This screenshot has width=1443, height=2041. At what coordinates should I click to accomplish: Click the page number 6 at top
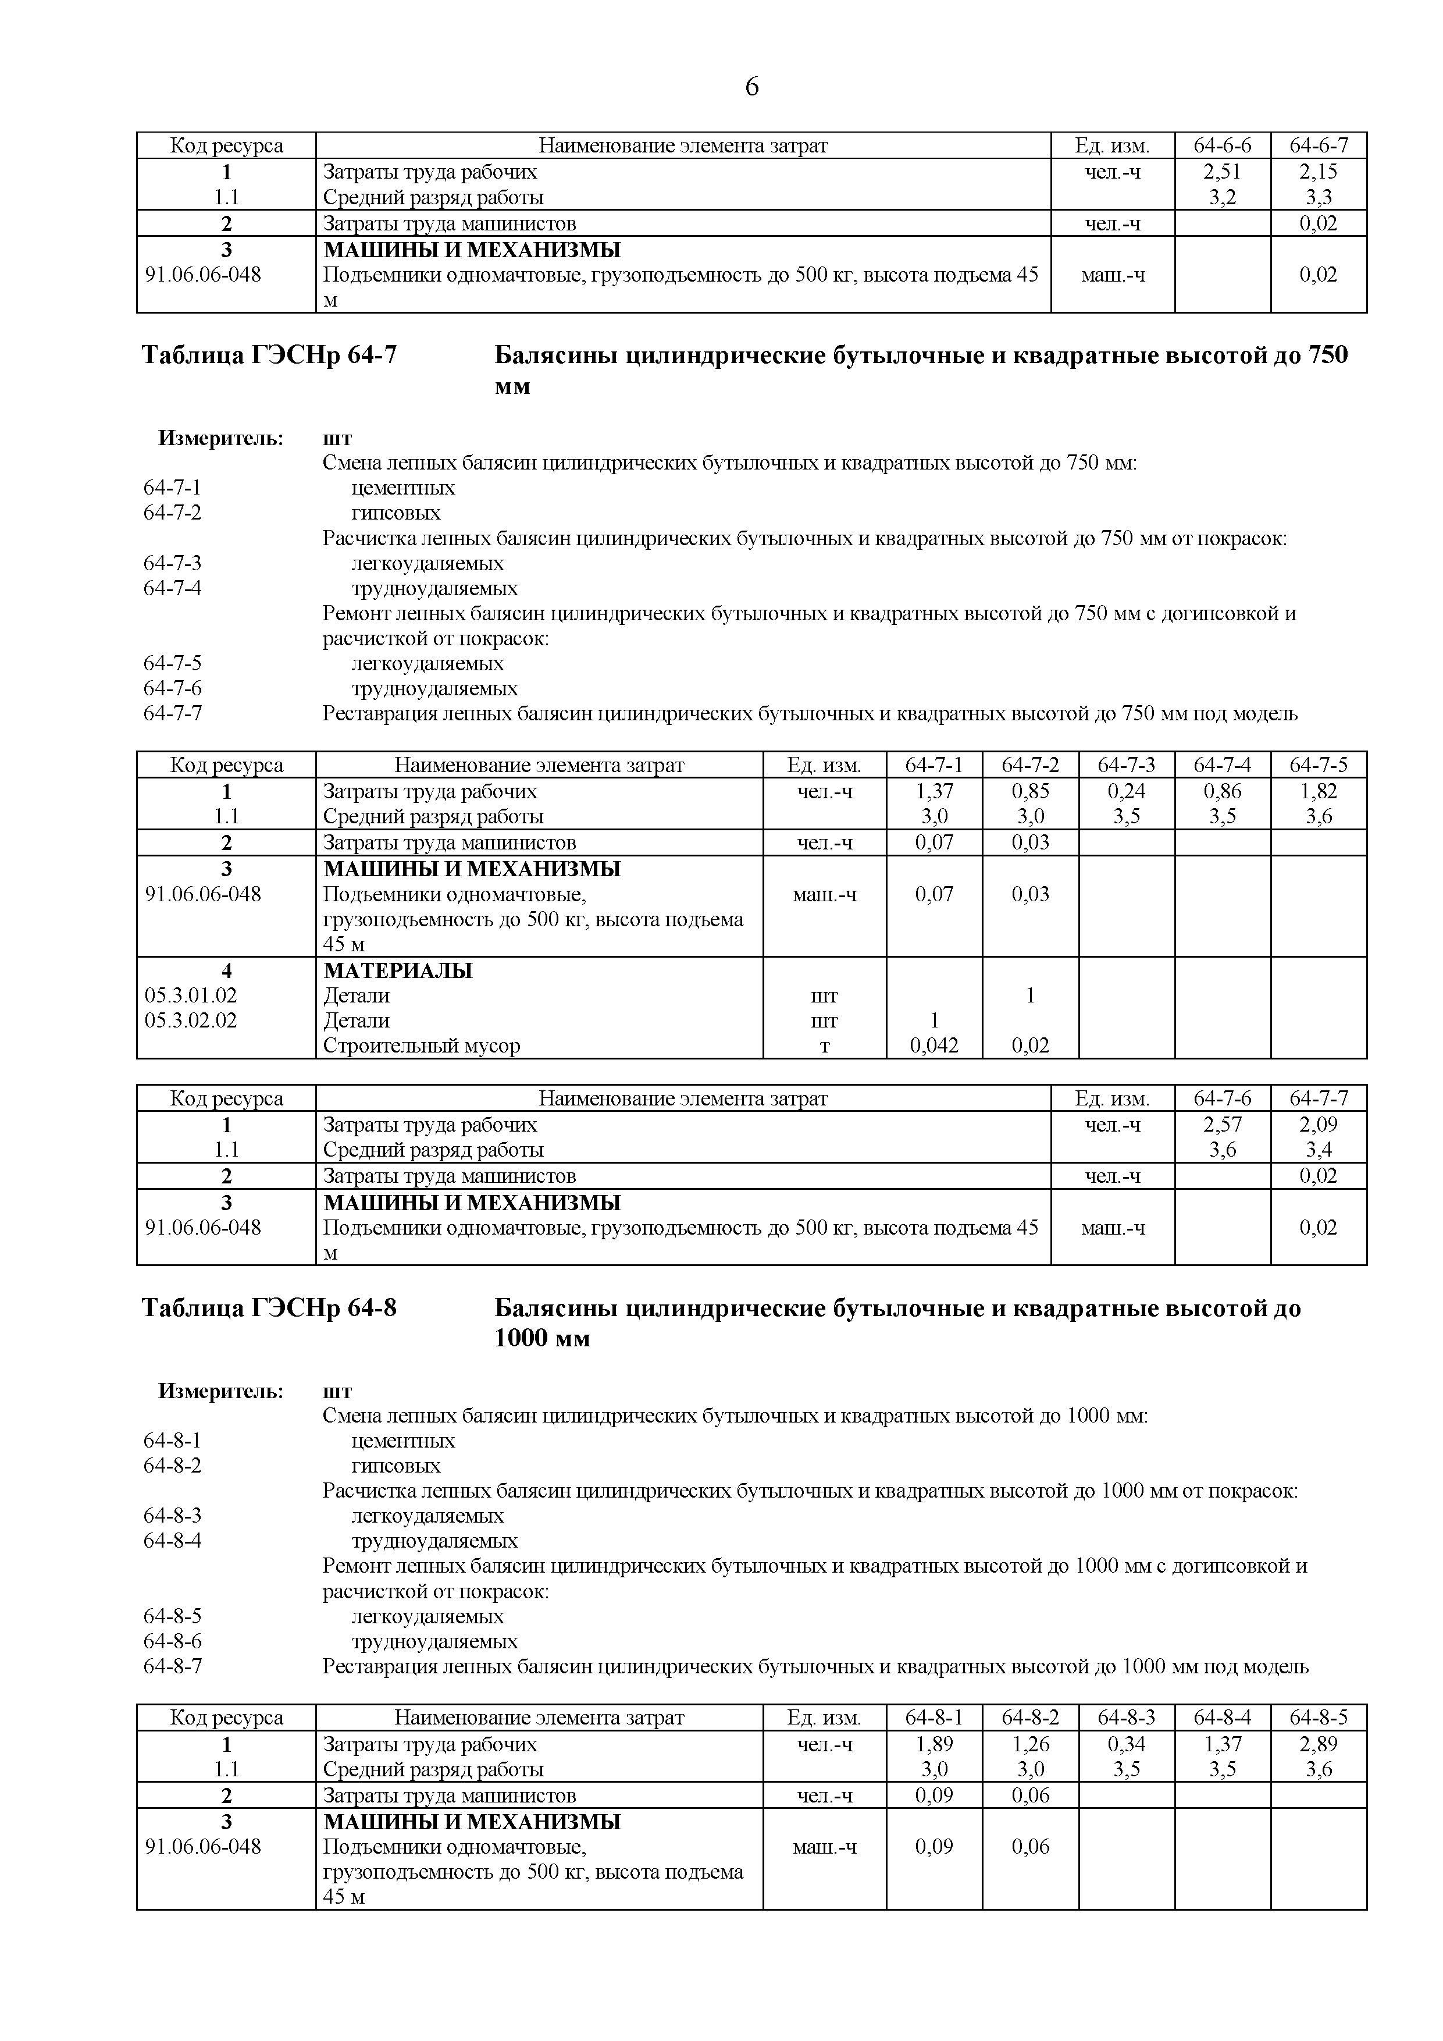tap(751, 87)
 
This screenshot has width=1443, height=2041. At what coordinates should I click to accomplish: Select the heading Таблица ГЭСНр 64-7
tap(269, 355)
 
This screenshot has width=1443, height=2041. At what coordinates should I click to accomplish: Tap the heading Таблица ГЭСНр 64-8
tap(269, 1308)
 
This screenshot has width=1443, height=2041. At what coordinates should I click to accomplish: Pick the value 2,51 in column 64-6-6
tap(1222, 172)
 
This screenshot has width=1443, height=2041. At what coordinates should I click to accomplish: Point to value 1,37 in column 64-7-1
tap(934, 791)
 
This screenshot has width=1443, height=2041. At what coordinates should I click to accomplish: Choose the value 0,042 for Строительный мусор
tap(934, 1046)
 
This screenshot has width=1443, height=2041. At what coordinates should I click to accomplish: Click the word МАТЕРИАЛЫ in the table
tap(397, 970)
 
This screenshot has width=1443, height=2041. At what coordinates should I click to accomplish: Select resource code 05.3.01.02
tap(191, 995)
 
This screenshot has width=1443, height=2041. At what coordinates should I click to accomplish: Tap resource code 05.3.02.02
tap(191, 1020)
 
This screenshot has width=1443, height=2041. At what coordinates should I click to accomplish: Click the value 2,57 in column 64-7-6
tap(1222, 1125)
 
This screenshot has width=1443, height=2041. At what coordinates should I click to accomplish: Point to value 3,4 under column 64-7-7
tap(1318, 1150)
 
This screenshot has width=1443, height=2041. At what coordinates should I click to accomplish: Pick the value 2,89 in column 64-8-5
tap(1318, 1744)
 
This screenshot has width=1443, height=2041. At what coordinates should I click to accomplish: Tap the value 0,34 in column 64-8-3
tap(1126, 1744)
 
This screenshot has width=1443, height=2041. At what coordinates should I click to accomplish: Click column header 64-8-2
tap(1030, 1718)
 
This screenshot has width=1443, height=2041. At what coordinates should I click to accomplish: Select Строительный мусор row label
tap(421, 1046)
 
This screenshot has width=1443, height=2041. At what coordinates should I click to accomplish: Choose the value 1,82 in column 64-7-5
tap(1318, 791)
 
